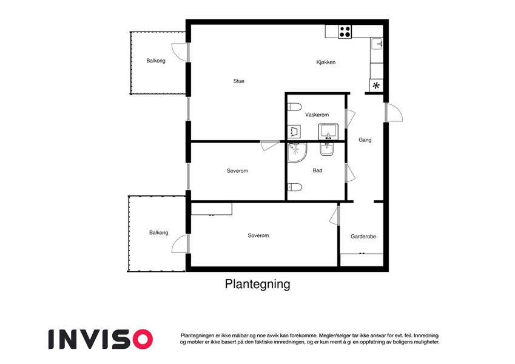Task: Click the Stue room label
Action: click(239, 81)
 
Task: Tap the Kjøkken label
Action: click(326, 62)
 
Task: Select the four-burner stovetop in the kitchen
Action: click(345, 32)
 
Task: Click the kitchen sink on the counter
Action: click(377, 44)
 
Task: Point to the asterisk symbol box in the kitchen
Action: click(377, 86)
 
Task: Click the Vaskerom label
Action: click(317, 115)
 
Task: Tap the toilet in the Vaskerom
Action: click(295, 107)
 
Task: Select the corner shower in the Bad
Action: click(297, 152)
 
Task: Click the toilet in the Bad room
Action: click(295, 187)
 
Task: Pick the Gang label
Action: click(365, 140)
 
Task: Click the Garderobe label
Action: click(363, 236)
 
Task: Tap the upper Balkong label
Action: click(156, 61)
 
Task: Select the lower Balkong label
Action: click(159, 232)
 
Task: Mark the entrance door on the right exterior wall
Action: click(394, 112)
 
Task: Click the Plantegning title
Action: click(257, 284)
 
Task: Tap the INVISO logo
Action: click(101, 339)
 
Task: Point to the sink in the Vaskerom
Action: click(328, 132)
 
